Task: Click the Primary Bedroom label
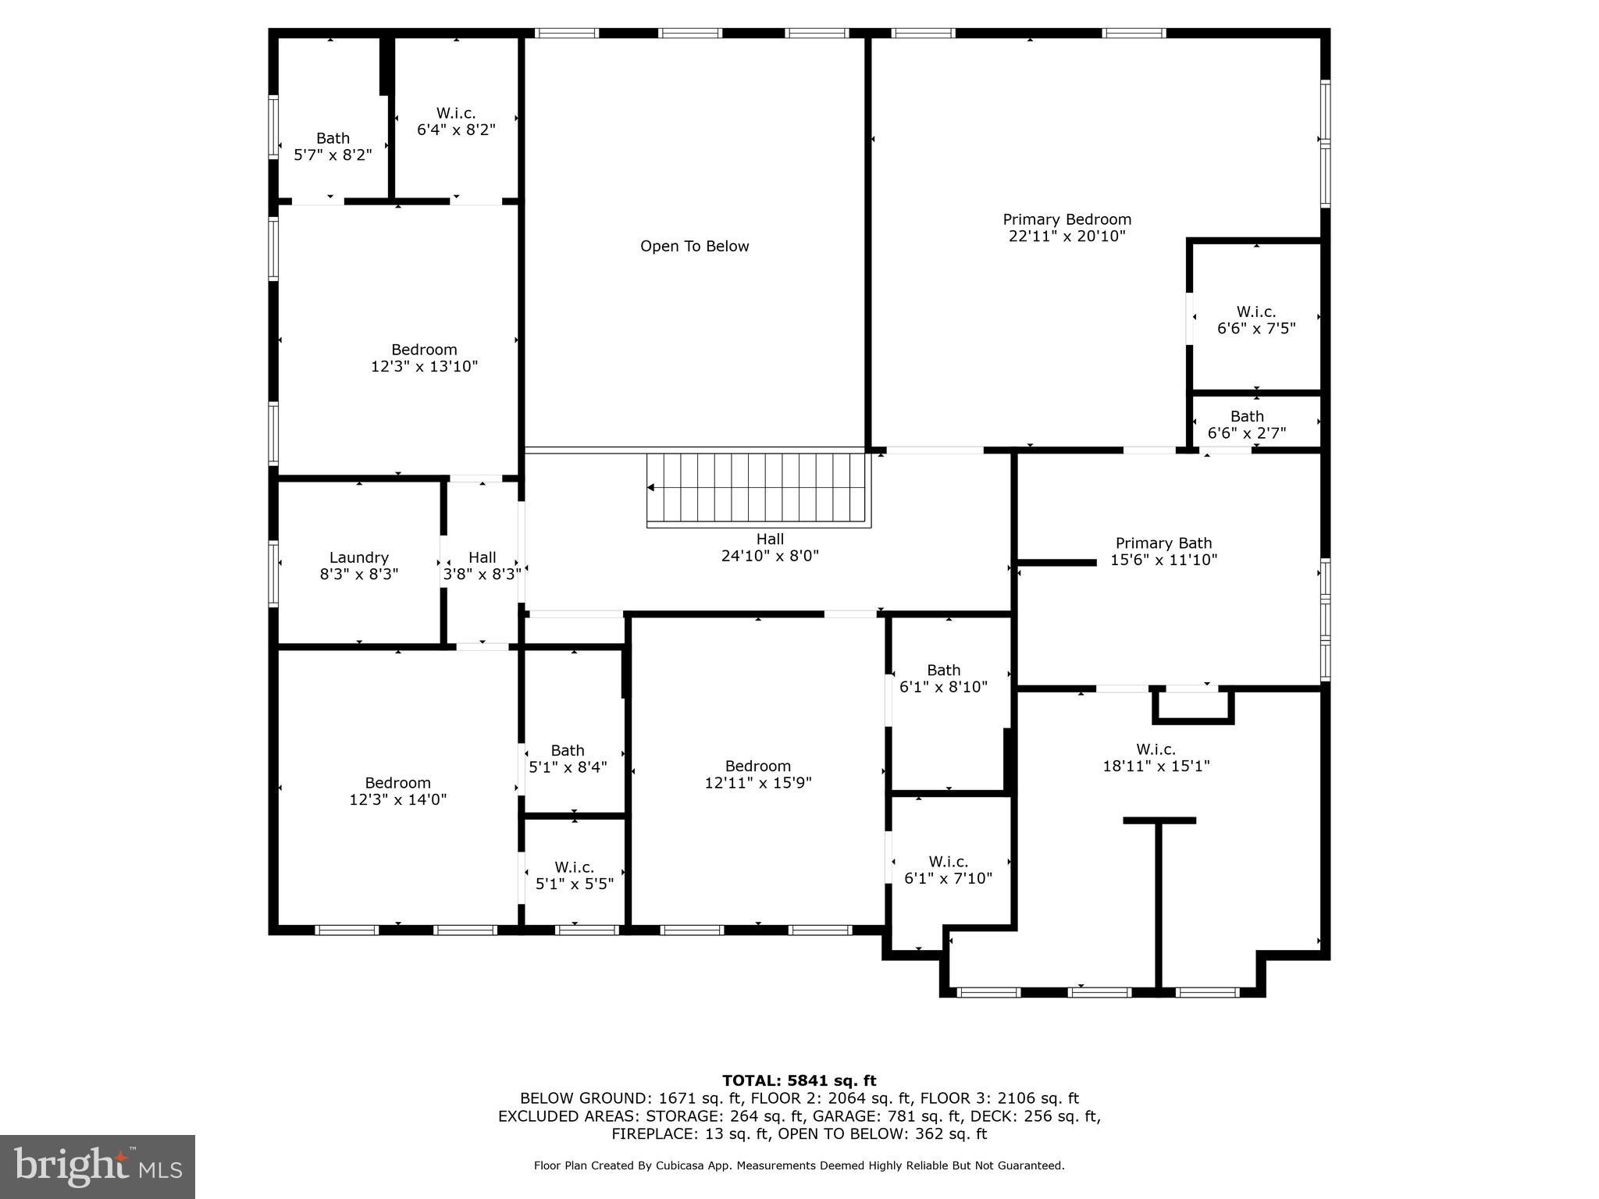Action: [x=1067, y=219]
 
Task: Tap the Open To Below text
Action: [x=694, y=246]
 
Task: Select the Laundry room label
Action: [x=358, y=557]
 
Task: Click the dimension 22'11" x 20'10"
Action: [x=1067, y=237]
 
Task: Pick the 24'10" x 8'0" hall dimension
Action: [x=769, y=556]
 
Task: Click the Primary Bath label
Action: [x=1163, y=543]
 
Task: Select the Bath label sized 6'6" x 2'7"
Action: [x=1247, y=416]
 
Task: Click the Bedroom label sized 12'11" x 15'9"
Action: [x=757, y=766]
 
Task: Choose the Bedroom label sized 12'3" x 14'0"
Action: [x=397, y=782]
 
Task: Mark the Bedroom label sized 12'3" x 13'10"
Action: [x=424, y=349]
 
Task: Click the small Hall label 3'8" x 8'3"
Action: [x=482, y=557]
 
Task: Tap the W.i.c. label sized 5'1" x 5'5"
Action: [x=574, y=867]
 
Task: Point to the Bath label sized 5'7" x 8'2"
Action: [x=333, y=138]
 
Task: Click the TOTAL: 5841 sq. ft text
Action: [x=799, y=1080]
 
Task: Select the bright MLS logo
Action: [x=98, y=1166]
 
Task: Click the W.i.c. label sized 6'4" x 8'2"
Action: [x=456, y=113]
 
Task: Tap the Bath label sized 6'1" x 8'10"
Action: [x=943, y=670]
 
